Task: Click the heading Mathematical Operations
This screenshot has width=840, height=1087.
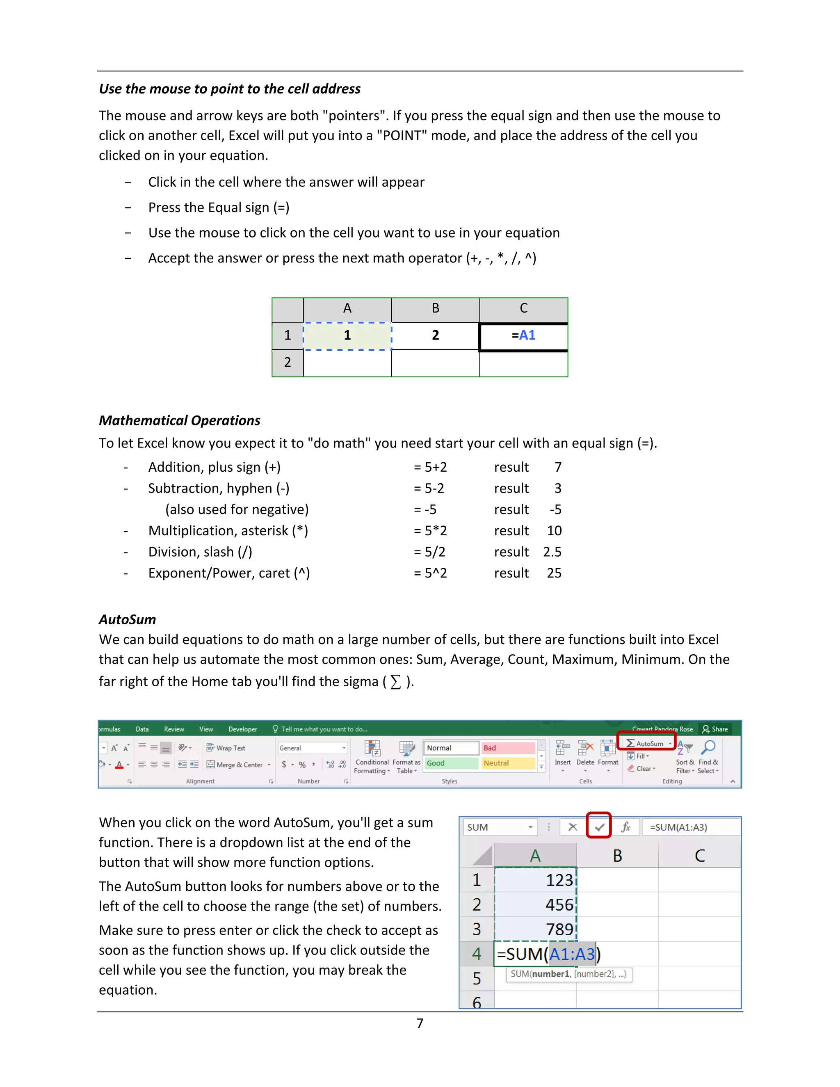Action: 179,420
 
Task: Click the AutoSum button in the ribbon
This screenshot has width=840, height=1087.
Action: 646,743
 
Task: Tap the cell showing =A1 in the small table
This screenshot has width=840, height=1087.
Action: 523,336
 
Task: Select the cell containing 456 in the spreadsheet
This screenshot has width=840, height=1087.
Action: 535,904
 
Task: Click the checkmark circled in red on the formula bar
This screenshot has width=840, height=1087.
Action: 599,827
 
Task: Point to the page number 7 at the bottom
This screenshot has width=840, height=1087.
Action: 420,1023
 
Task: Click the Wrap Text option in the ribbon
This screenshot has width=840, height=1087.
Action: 226,748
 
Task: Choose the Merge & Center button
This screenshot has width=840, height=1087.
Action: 238,765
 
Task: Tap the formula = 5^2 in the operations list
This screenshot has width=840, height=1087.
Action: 430,573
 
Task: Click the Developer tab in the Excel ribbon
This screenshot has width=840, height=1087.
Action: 242,729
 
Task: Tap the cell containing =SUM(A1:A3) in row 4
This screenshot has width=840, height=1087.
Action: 535,954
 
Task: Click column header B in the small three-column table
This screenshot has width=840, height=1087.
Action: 436,308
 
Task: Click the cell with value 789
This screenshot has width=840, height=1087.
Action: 535,929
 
